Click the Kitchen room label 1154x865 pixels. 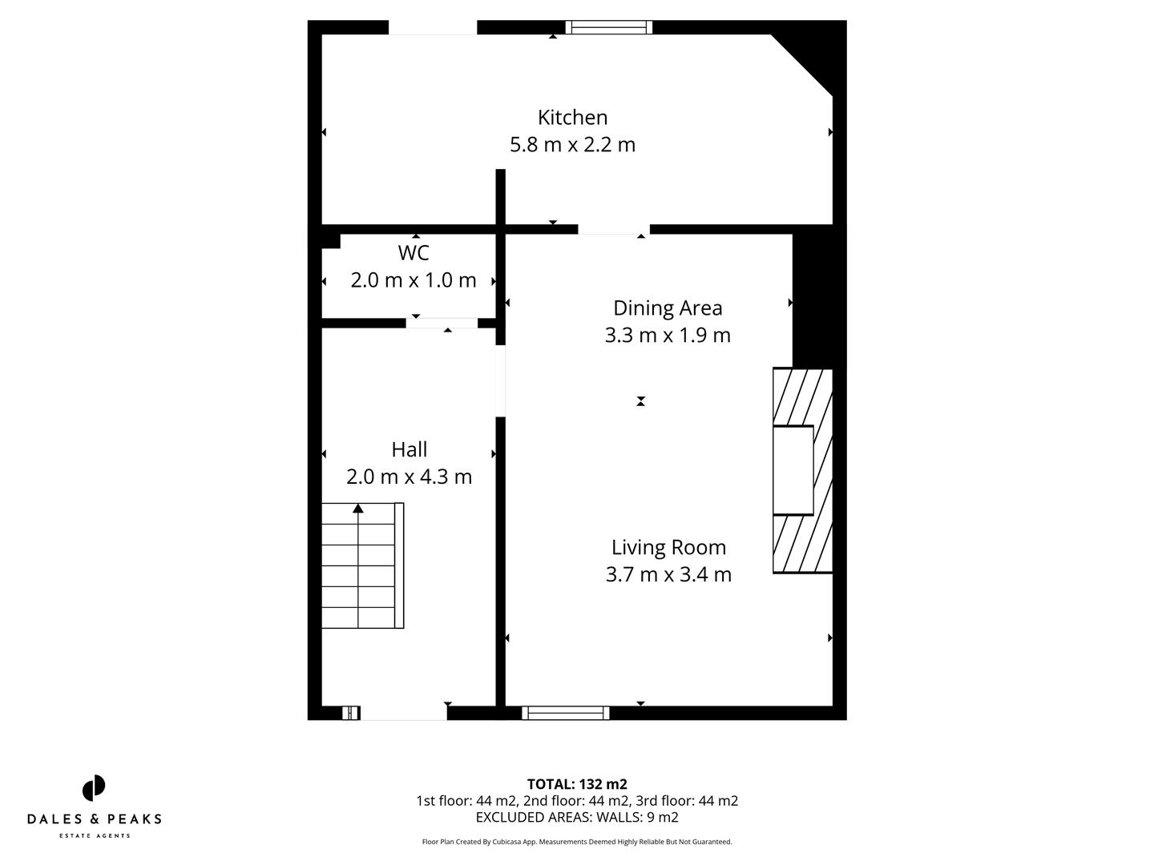(x=572, y=118)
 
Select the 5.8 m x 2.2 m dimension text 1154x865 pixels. (x=572, y=145)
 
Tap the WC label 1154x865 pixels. (x=414, y=253)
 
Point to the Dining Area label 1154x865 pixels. (x=668, y=308)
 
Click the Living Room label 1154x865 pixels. (x=668, y=548)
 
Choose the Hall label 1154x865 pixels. (x=409, y=449)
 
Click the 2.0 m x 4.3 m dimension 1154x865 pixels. (x=409, y=477)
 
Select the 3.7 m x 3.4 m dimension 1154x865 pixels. (x=668, y=575)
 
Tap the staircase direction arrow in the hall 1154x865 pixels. (x=358, y=509)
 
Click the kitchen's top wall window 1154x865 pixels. (x=609, y=27)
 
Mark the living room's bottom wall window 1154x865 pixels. (x=566, y=713)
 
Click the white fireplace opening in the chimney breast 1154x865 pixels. (x=793, y=470)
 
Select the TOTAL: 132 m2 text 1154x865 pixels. (x=577, y=784)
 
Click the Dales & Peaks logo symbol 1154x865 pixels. (x=94, y=788)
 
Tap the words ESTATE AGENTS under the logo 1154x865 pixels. (x=95, y=836)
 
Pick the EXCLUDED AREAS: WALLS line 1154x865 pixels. (x=577, y=818)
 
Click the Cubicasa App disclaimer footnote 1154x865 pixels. (x=577, y=842)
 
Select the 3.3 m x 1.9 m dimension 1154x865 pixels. (x=668, y=336)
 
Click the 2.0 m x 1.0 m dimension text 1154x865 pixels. (x=414, y=281)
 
